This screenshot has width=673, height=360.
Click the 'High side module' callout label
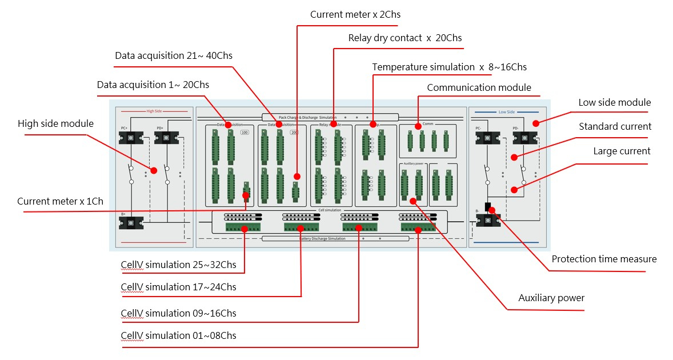click(x=55, y=123)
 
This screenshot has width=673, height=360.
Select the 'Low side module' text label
click(x=614, y=102)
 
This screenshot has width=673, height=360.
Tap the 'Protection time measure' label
click(x=604, y=259)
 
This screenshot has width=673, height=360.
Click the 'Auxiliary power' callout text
click(x=551, y=298)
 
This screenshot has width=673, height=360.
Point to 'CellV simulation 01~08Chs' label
click(x=178, y=335)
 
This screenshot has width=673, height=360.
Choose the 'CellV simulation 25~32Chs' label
click(x=178, y=265)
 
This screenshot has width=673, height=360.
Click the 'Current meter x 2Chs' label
click(x=355, y=14)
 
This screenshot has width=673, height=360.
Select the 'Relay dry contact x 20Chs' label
click(x=405, y=38)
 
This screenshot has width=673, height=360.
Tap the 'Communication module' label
click(x=479, y=87)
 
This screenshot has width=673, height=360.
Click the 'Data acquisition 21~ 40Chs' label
click(x=174, y=55)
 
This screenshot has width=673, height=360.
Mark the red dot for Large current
click(x=514, y=190)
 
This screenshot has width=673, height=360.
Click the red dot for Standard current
click(x=514, y=157)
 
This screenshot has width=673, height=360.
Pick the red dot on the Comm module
click(x=418, y=126)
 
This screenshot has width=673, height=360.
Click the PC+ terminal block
click(x=131, y=138)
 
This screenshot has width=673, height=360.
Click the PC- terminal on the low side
click(x=487, y=138)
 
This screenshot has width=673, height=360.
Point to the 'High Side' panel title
click(x=155, y=111)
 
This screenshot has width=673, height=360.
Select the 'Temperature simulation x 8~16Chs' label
click(x=449, y=67)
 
